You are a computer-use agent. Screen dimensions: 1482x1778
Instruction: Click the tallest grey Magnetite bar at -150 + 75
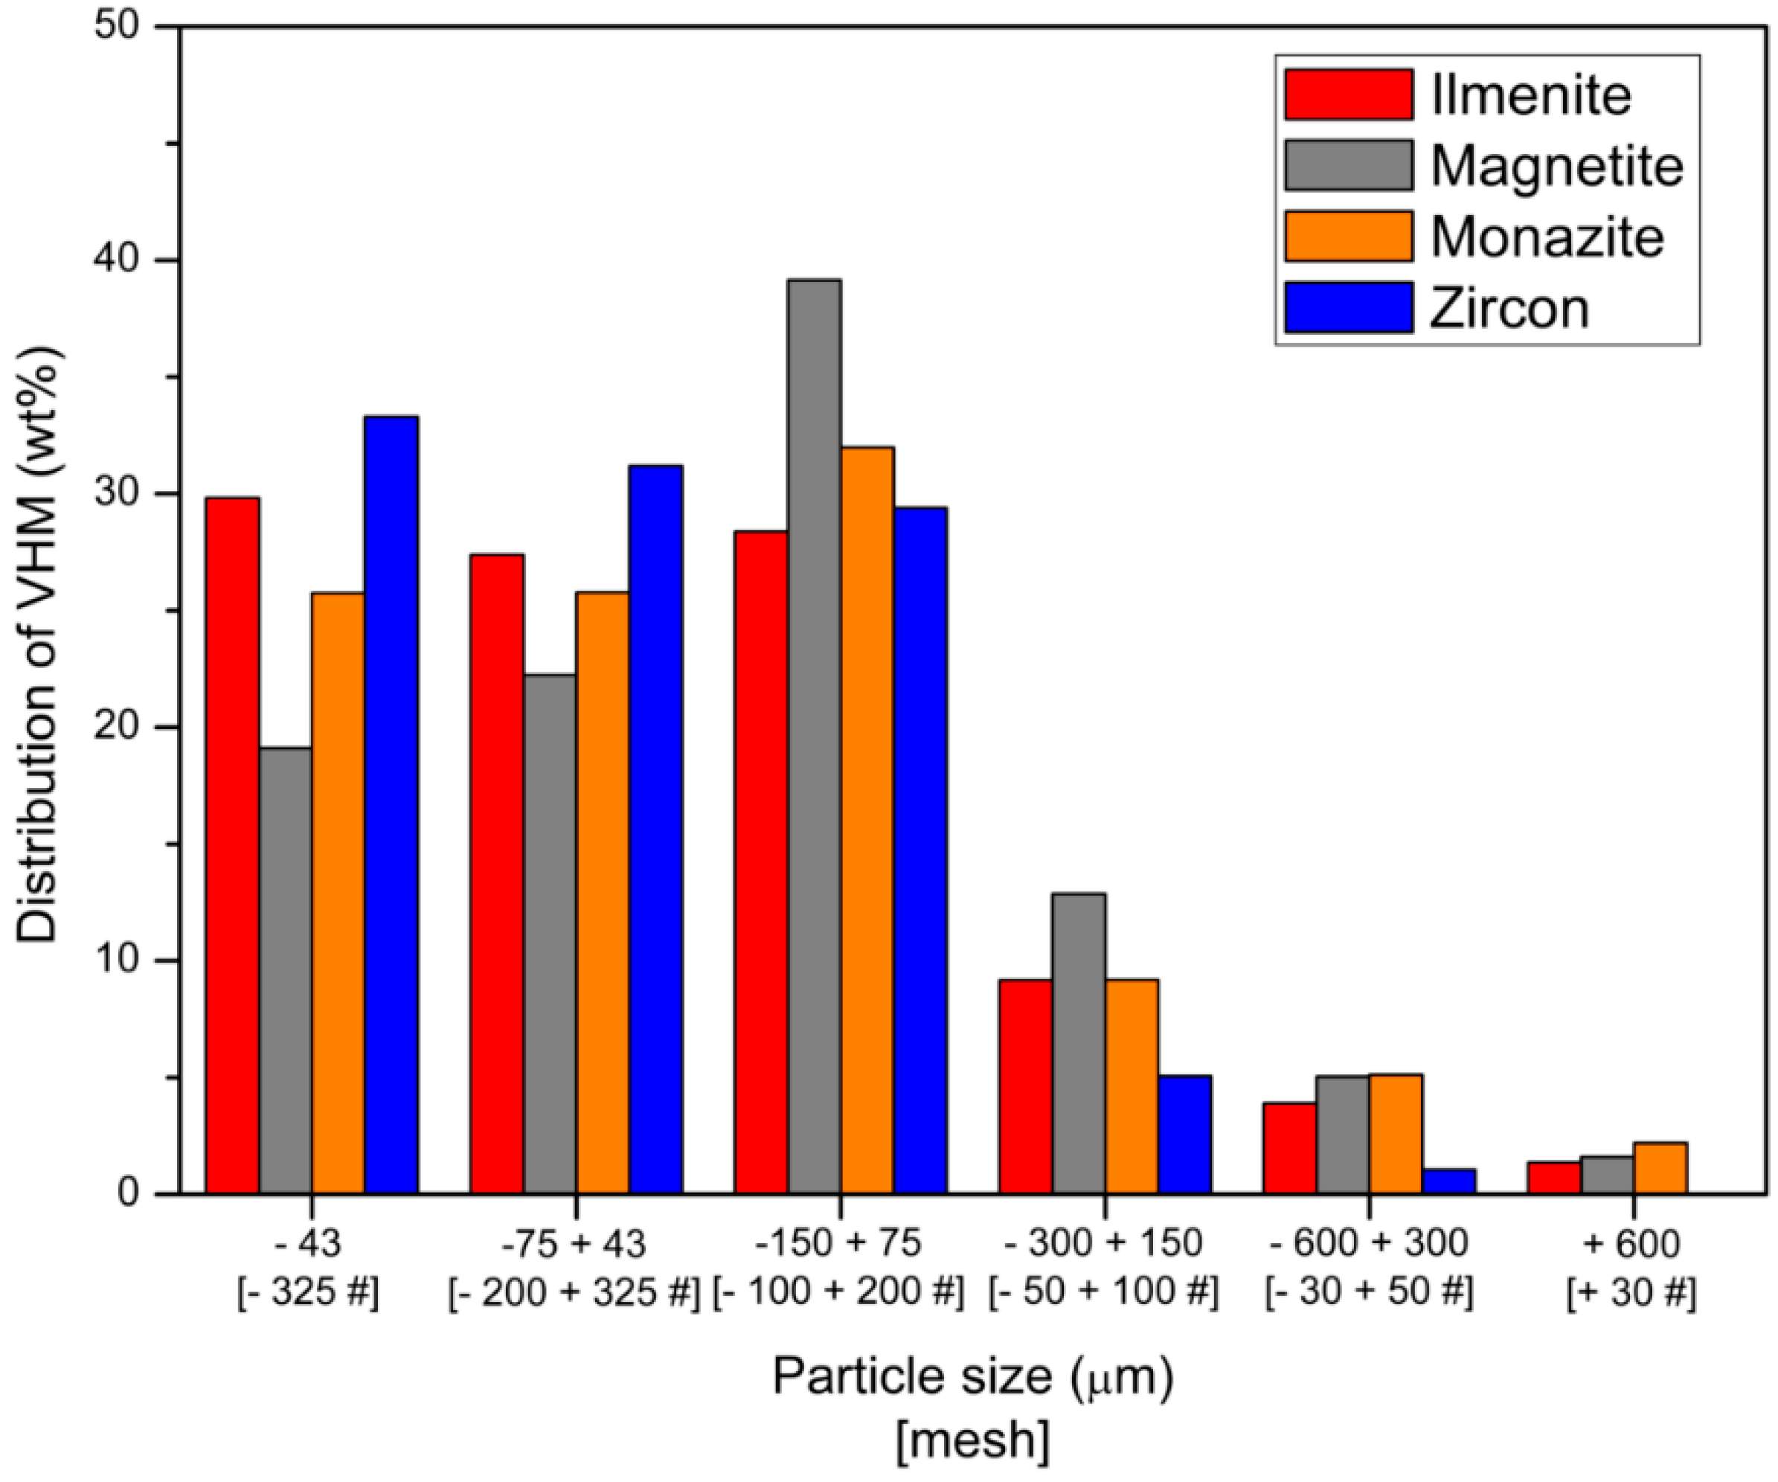point(814,736)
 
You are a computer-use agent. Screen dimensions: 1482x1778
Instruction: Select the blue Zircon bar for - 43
point(391,804)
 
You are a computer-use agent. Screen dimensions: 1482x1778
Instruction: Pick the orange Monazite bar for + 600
point(1660,1169)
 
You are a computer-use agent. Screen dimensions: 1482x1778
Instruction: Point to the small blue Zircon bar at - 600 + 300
point(1448,1182)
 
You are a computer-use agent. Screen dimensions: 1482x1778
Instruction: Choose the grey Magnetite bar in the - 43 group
point(286,970)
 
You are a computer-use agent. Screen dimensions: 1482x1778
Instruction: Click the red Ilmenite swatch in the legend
point(1348,94)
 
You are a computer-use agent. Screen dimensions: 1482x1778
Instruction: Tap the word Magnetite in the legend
point(1556,166)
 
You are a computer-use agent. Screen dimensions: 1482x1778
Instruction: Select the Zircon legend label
point(1509,308)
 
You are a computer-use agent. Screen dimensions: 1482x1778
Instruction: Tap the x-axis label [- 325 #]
point(309,1293)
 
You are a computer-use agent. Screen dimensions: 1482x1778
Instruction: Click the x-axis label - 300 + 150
point(1103,1243)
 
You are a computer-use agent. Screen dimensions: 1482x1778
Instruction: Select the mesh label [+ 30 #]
point(1631,1293)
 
